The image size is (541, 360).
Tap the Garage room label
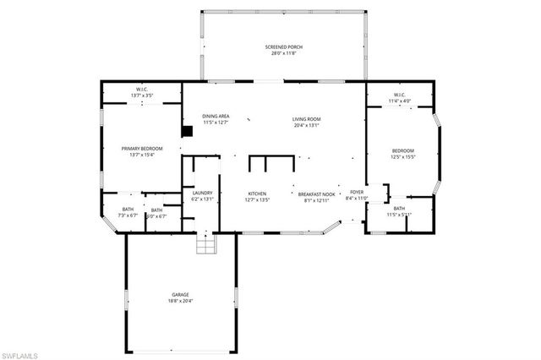click(181, 294)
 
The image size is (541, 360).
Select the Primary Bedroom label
click(141, 149)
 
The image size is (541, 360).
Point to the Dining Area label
click(216, 116)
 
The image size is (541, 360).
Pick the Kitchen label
click(257, 193)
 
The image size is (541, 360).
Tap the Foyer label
click(357, 193)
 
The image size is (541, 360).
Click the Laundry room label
click(202, 193)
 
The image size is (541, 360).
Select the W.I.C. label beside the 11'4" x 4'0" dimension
click(399, 95)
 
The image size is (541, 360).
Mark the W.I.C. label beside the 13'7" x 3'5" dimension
click(142, 90)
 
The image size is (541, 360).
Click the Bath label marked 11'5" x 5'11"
click(399, 208)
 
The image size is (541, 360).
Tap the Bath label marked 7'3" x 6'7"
click(128, 209)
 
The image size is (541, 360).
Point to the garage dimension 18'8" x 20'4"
click(181, 300)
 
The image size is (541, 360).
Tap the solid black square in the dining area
click(189, 131)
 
